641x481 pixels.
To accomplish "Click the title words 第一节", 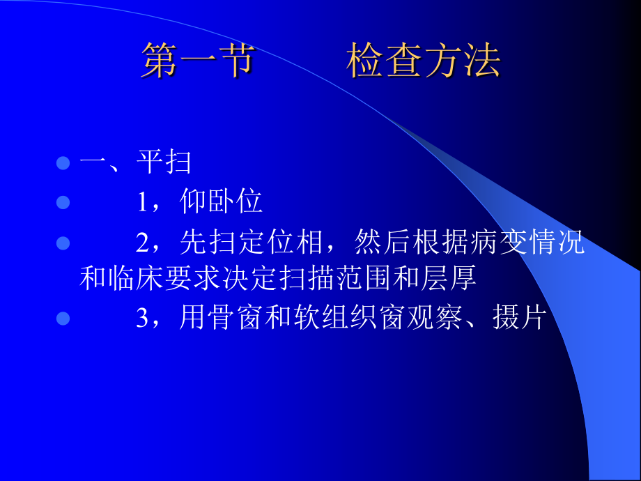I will (196, 61).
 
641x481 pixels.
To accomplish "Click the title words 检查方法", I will (424, 61).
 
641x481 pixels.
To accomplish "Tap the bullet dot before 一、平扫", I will (63, 164).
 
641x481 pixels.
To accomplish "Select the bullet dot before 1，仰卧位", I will (63, 203).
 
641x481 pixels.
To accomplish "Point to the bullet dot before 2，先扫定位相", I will (63, 243).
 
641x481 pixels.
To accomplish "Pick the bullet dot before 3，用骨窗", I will (63, 319).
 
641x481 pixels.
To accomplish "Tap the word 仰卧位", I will (221, 203).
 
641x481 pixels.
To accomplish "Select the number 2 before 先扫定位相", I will (143, 243).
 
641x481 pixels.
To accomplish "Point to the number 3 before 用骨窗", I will (143, 319).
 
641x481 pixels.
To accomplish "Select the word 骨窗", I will (242, 319).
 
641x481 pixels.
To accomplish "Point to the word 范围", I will (375, 279).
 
